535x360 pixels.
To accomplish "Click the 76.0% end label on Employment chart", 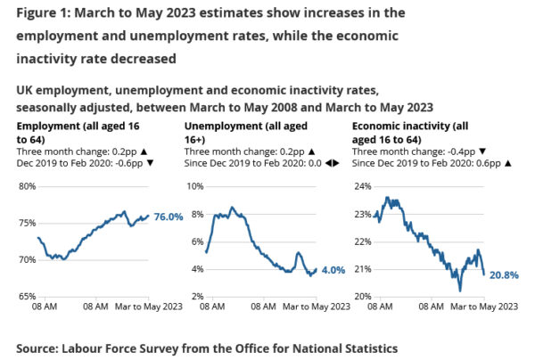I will click(168, 217).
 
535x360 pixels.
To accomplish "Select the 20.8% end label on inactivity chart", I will click(504, 275).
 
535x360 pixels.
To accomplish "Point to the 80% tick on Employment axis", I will click(25, 186).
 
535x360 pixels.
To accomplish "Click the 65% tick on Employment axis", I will click(25, 296).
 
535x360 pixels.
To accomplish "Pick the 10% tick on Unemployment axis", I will click(194, 186).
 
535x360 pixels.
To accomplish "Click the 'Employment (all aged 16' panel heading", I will click(78, 127).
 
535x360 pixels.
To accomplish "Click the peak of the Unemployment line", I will click(232, 208).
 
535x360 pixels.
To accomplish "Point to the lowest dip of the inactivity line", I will click(460, 290).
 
